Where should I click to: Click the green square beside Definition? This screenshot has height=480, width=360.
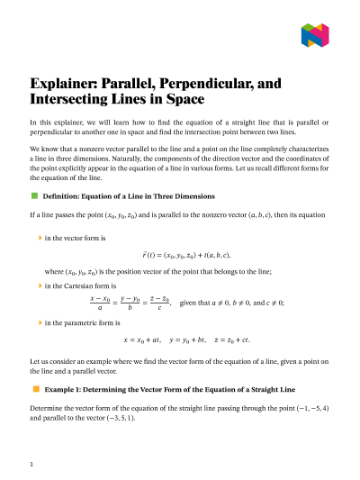point(34,195)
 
